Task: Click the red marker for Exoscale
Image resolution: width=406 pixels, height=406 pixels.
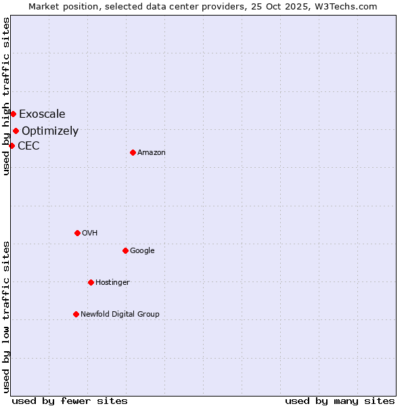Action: coord(13,114)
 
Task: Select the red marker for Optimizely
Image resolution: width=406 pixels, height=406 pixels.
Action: coord(16,131)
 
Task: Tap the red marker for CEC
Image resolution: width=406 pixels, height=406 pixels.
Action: coord(12,145)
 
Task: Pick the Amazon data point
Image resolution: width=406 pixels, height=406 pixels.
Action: coord(133,152)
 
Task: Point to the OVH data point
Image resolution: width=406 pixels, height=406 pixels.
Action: coord(77,233)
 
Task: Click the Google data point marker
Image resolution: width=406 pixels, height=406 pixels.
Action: coord(125,250)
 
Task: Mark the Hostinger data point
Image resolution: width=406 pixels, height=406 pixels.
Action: coord(91,282)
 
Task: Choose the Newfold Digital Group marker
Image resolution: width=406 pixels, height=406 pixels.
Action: coord(76,314)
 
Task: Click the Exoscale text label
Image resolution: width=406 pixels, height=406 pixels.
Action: coord(42,114)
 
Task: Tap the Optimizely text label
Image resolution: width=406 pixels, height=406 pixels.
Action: coord(50,131)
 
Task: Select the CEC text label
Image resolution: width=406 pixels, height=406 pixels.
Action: coord(28,145)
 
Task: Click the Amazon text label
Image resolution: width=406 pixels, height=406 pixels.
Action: coord(152,152)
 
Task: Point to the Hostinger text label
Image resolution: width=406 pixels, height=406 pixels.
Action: coord(112,282)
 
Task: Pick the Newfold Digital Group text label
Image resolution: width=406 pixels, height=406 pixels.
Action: coord(120,314)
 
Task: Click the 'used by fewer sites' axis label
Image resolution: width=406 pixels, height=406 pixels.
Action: coord(70,401)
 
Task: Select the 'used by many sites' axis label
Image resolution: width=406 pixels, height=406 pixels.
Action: coord(340,401)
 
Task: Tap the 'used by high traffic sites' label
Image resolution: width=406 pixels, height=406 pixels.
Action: coord(6,96)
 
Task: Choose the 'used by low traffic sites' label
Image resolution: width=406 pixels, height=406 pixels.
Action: coord(6,317)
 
